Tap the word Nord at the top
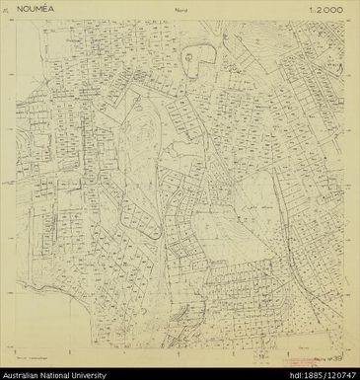tap(180, 16)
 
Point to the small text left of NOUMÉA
tap(23, 16)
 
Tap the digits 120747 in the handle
tap(339, 374)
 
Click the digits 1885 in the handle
tap(312, 374)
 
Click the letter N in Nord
tap(174, 16)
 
